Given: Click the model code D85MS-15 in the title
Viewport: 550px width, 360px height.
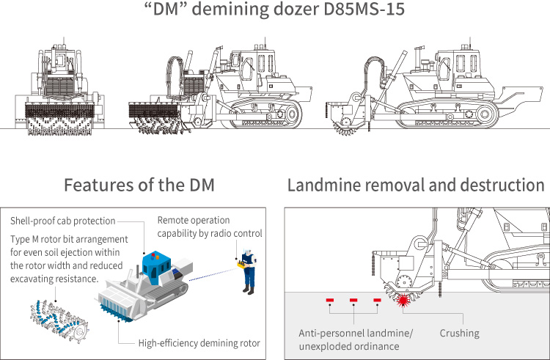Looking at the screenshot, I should point(360,12).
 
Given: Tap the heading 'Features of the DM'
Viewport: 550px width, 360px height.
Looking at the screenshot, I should point(139,185).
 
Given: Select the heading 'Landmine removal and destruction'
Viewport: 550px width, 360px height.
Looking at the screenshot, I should point(415,185).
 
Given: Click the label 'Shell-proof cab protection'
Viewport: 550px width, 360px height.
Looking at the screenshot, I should point(62,221).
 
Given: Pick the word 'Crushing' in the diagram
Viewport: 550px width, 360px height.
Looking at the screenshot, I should point(459,333).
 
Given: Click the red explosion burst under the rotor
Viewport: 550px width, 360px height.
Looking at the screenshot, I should point(402,300).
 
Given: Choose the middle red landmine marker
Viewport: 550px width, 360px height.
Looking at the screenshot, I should point(353,300).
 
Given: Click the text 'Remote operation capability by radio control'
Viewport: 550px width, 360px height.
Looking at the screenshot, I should point(209,227).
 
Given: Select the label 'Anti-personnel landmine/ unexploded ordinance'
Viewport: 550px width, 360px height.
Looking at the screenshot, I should point(356,339).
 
